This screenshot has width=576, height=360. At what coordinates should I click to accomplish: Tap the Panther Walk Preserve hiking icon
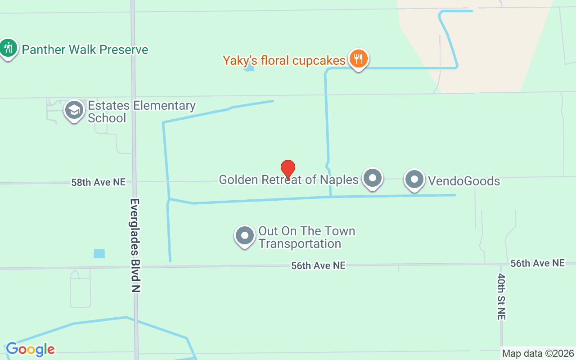click(x=8, y=47)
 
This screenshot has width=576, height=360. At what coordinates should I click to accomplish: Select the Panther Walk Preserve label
click(x=85, y=49)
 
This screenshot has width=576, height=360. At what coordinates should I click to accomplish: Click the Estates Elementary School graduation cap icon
click(x=74, y=110)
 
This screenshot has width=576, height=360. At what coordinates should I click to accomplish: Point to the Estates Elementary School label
click(x=141, y=112)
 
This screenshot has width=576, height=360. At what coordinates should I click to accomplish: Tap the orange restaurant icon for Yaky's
click(x=358, y=59)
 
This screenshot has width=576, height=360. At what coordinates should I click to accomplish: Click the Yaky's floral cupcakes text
click(x=284, y=60)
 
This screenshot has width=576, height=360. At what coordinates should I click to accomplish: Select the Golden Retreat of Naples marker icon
click(x=373, y=179)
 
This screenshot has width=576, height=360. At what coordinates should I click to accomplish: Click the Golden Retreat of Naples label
click(x=288, y=180)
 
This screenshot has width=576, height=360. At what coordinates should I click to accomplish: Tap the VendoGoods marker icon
click(x=414, y=180)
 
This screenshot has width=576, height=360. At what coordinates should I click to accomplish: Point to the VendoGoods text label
click(x=464, y=181)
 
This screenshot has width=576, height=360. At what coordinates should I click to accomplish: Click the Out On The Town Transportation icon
click(x=245, y=235)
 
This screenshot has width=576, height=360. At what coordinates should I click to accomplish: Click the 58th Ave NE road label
click(x=99, y=182)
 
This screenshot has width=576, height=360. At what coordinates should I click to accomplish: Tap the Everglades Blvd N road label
click(x=135, y=245)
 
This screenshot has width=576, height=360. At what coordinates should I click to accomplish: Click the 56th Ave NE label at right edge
click(x=537, y=263)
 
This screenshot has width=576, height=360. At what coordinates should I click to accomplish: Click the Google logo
click(x=30, y=349)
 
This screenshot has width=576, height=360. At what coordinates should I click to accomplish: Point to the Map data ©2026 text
click(x=538, y=353)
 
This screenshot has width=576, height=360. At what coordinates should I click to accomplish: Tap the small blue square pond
click(x=99, y=253)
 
